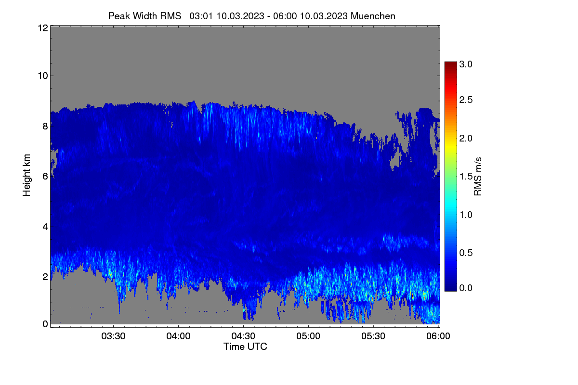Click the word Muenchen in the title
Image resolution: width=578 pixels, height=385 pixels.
click(373, 16)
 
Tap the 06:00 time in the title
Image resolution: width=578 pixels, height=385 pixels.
click(285, 16)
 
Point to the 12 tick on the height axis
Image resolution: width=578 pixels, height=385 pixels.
click(43, 28)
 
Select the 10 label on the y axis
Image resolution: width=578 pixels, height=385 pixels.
click(43, 76)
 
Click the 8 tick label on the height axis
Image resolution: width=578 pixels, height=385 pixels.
click(45, 126)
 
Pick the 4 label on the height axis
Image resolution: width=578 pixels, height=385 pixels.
click(45, 227)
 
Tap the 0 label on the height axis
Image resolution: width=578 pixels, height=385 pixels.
click(45, 324)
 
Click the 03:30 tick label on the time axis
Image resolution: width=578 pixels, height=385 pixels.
click(113, 336)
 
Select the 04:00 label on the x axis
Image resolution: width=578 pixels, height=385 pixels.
click(178, 336)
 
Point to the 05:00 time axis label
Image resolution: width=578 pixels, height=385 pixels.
click(308, 336)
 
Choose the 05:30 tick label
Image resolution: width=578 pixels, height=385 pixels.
click(373, 336)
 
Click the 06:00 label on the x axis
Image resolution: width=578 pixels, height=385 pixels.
click(438, 336)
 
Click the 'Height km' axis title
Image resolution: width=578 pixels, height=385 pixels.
click(26, 175)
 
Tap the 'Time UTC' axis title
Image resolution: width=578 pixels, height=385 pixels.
click(245, 346)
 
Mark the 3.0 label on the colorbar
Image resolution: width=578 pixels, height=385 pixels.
click(466, 64)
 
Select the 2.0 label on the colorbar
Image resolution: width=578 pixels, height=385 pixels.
click(466, 138)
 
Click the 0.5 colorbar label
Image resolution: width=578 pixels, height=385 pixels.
click(466, 253)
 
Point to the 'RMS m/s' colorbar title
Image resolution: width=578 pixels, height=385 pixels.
click(478, 177)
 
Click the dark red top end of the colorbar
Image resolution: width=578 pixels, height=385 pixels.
click(450, 63)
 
